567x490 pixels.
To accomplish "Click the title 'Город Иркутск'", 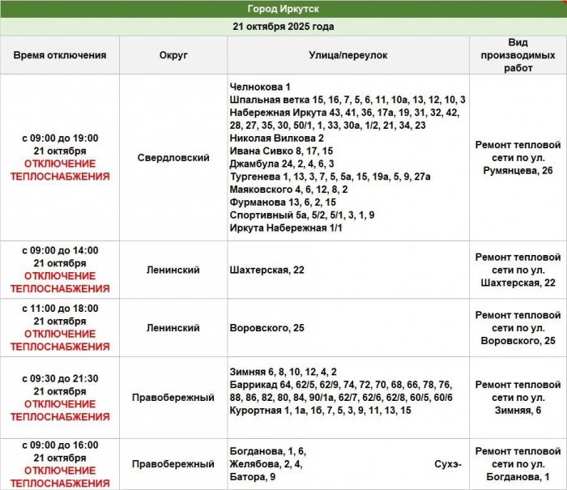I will [x=283, y=9].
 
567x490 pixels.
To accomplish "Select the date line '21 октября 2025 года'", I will [x=283, y=26].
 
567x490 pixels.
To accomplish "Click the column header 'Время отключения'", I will [x=60, y=55].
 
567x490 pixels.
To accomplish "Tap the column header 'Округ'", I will [x=173, y=55].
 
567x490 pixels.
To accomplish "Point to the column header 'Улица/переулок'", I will [x=348, y=55].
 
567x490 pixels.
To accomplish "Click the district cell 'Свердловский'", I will [x=173, y=158].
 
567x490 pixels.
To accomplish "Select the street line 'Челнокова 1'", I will [x=260, y=87].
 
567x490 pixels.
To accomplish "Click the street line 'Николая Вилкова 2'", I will [x=277, y=138].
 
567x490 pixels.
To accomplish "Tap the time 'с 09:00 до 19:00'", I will [x=60, y=138].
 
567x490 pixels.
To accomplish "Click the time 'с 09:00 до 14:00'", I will [x=60, y=250].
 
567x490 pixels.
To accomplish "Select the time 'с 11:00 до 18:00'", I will [x=60, y=309].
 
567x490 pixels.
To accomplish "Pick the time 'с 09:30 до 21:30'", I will [x=60, y=378].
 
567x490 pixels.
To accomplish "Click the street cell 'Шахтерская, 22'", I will [x=267, y=270].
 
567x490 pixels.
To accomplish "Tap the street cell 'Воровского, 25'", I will [x=267, y=328].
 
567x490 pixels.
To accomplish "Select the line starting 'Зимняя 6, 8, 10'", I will [x=283, y=372].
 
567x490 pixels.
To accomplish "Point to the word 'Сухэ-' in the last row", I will [x=448, y=464].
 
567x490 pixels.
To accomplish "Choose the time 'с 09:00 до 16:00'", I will [x=60, y=445].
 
